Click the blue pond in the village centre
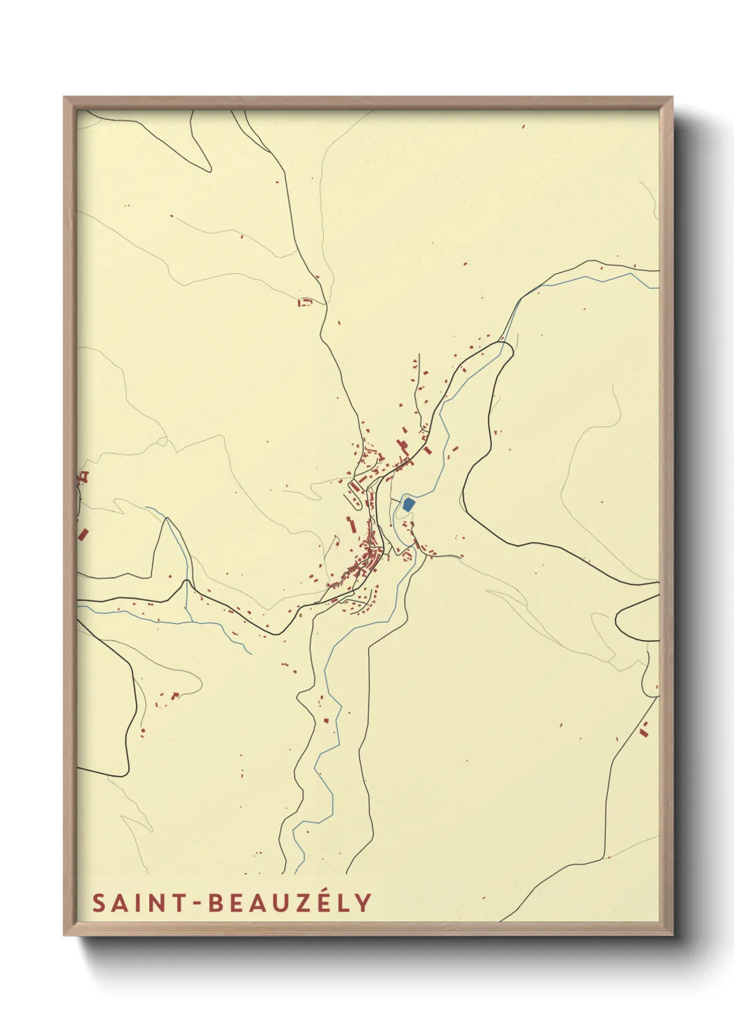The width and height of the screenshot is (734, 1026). [x=408, y=504]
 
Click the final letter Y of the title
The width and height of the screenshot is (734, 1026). [x=364, y=903]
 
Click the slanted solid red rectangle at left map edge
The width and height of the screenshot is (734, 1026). [x=83, y=534]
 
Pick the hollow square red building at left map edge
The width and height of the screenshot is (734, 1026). [x=85, y=476]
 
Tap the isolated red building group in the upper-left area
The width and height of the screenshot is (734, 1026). [x=304, y=302]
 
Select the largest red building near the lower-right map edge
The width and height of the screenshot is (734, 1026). [x=645, y=728]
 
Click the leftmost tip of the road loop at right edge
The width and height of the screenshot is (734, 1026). [x=616, y=617]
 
